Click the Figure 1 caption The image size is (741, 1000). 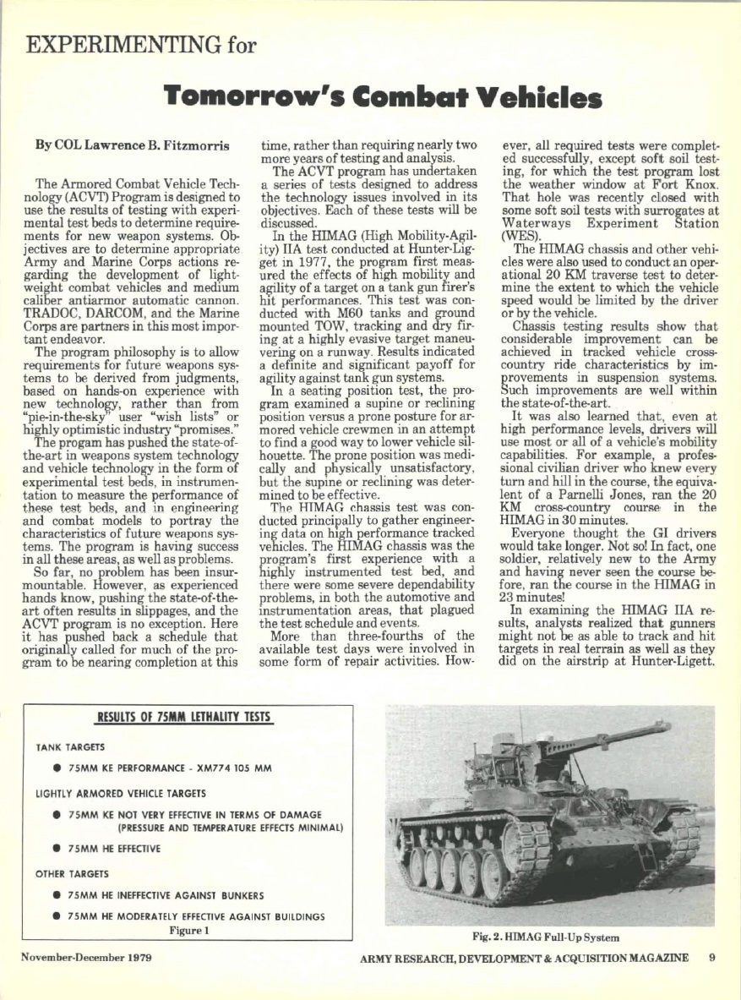coord(189,931)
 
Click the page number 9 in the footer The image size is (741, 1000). coord(712,958)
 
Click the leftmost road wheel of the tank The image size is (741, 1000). coord(417,867)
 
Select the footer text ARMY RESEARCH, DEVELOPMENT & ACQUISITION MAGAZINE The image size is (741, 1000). coord(524,958)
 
